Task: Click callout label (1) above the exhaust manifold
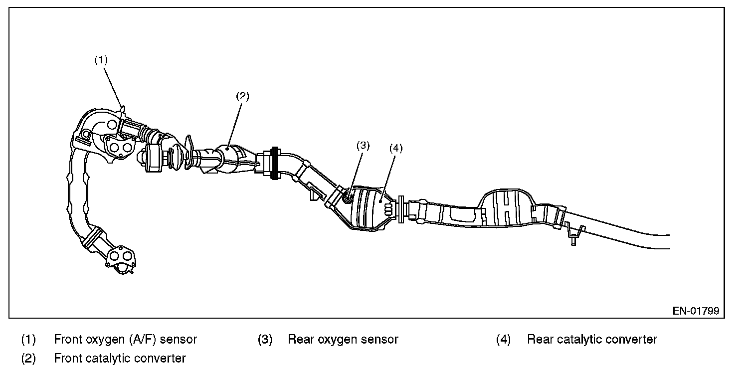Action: tap(101, 60)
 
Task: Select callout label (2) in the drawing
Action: tap(242, 96)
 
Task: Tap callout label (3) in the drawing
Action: tap(363, 146)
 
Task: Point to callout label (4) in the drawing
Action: tap(395, 148)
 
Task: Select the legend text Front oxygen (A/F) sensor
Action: tap(125, 340)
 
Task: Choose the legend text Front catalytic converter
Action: tap(120, 358)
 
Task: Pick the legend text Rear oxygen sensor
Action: tap(343, 340)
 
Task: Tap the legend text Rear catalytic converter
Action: tap(592, 340)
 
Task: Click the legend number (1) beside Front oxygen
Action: tap(28, 340)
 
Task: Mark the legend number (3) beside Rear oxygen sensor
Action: tap(265, 340)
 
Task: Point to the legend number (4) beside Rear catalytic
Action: tap(504, 340)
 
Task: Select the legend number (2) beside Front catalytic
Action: tap(28, 358)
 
